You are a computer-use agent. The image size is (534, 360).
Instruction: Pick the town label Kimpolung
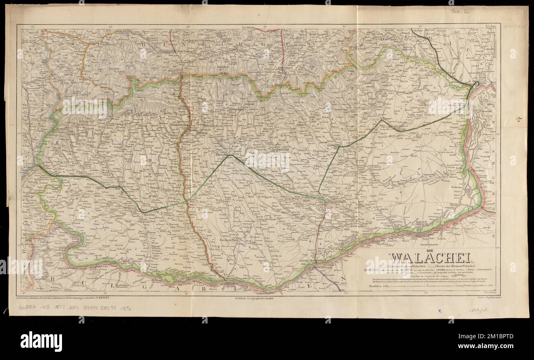tap(232, 110)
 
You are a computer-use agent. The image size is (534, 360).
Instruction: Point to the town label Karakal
tap(183, 238)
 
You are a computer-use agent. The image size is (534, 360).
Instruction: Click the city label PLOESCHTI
tap(334, 146)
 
